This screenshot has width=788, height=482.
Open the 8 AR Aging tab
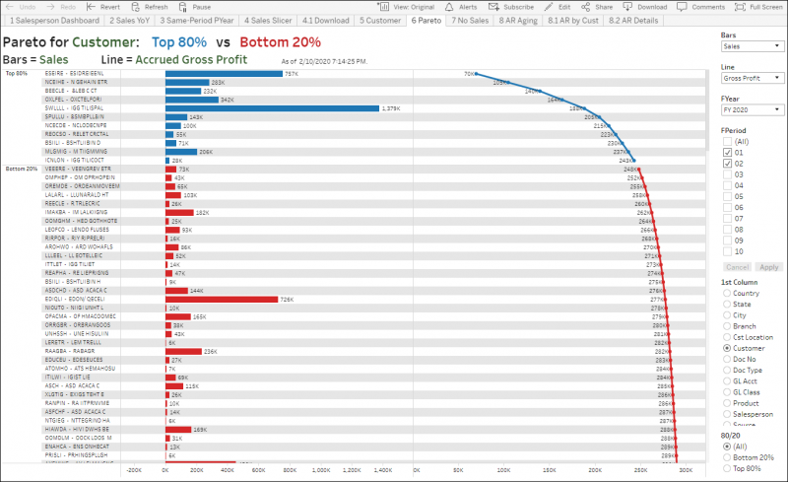(x=519, y=20)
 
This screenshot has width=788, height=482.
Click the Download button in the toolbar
(x=645, y=6)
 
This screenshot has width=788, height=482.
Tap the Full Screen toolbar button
(x=760, y=6)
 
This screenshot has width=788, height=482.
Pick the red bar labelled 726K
(x=222, y=299)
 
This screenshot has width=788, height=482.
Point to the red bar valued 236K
(x=183, y=351)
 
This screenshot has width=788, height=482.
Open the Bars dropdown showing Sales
(x=752, y=46)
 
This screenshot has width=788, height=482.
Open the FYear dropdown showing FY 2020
(x=752, y=109)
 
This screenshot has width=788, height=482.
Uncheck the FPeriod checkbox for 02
(x=728, y=164)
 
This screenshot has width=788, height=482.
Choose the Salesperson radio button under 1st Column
(x=727, y=415)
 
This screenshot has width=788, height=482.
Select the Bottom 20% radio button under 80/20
(x=727, y=457)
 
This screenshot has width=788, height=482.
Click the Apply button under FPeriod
(x=769, y=267)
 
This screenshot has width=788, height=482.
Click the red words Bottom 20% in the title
(x=280, y=42)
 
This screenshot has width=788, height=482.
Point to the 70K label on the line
(x=469, y=74)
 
